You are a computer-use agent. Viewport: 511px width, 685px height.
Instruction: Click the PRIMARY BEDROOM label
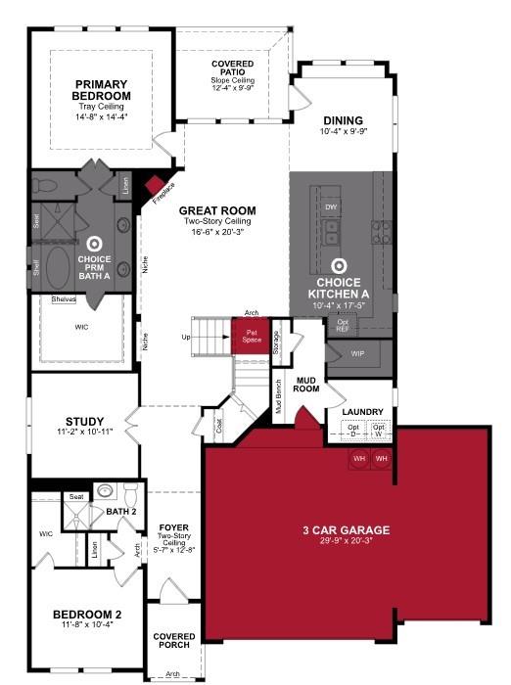(x=101, y=90)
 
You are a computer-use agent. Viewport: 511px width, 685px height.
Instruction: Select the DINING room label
(x=342, y=122)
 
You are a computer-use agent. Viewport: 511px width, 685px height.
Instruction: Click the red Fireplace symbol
(x=157, y=188)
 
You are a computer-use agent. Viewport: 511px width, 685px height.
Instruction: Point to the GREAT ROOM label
(x=217, y=210)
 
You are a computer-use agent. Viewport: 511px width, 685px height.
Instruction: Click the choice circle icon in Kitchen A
(x=339, y=264)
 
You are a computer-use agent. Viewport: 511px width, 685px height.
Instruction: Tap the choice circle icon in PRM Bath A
(x=95, y=244)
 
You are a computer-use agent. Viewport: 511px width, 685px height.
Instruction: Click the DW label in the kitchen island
(x=331, y=207)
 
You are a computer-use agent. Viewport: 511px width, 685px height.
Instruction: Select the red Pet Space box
(x=251, y=336)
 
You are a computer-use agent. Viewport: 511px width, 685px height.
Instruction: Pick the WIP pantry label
(x=357, y=353)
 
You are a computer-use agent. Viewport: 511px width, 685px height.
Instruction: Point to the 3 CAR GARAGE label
(x=346, y=530)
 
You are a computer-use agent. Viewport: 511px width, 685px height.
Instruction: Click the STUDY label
(x=84, y=423)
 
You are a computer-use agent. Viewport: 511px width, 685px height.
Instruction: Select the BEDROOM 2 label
(x=87, y=615)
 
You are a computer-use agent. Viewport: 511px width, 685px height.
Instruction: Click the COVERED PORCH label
(x=173, y=641)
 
